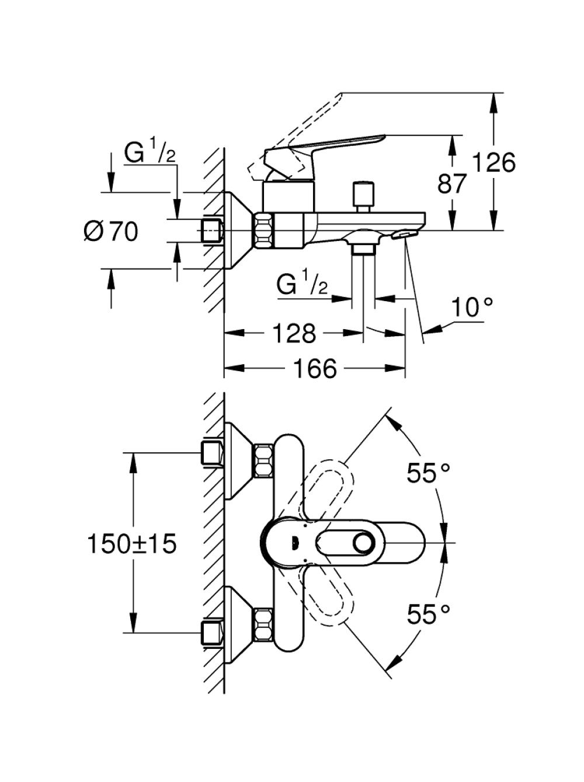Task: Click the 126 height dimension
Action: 494,163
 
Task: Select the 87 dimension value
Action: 452,184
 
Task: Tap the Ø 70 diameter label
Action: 110,231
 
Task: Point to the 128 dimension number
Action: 294,333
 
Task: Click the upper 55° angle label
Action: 429,473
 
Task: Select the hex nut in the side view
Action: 264,231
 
